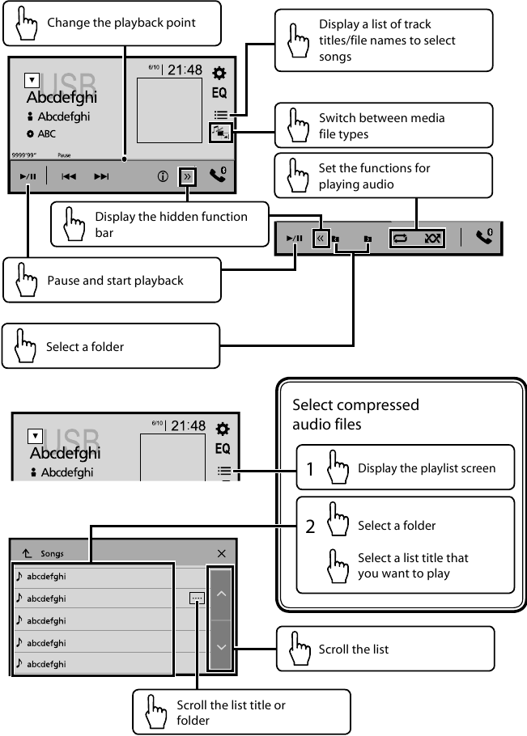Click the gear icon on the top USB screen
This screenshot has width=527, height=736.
(x=219, y=72)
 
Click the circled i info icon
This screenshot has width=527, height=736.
(x=163, y=176)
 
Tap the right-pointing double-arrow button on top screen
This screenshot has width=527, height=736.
(x=188, y=176)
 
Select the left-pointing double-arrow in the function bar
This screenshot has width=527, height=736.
(x=321, y=239)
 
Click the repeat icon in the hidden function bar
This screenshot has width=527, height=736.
(x=399, y=239)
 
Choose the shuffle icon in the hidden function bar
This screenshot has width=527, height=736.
(x=431, y=239)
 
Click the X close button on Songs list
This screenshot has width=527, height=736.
(x=221, y=554)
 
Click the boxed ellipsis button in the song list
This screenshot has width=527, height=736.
(x=197, y=599)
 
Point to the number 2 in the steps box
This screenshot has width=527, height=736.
(x=310, y=527)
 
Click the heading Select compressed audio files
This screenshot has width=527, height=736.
(x=355, y=413)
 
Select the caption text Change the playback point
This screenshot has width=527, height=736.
(x=121, y=22)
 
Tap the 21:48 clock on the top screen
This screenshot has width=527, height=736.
(x=185, y=70)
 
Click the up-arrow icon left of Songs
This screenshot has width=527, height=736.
(x=26, y=554)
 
